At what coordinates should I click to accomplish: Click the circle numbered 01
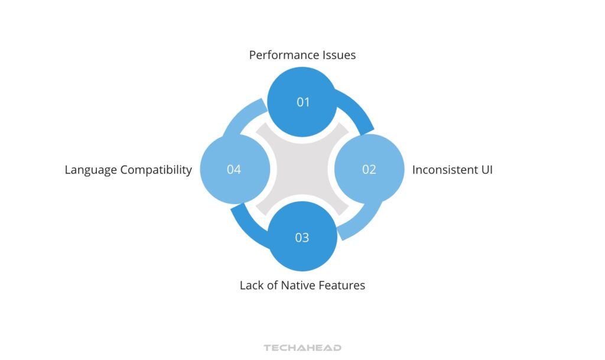click(x=302, y=102)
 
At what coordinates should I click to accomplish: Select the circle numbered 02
click(x=369, y=170)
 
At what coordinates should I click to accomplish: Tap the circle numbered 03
click(x=302, y=237)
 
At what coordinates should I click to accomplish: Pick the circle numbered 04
click(x=235, y=170)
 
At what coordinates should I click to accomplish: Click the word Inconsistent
click(x=443, y=170)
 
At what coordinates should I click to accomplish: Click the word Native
click(x=298, y=286)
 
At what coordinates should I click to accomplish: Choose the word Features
click(x=342, y=286)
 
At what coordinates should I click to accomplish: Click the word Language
click(x=90, y=170)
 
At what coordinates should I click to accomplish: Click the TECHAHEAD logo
click(x=302, y=348)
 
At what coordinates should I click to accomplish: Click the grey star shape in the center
click(x=302, y=170)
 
